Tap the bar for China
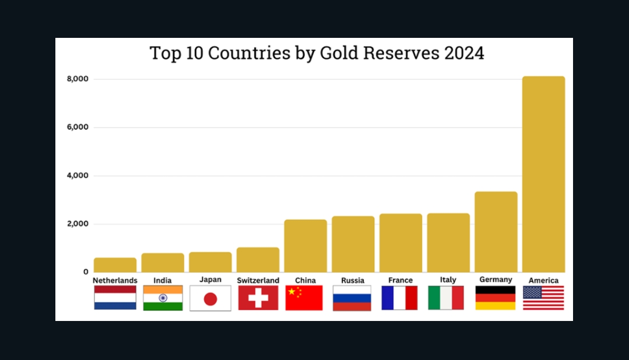305,245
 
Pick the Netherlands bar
115,264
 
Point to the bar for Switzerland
258,259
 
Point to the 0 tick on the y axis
85,272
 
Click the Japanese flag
210,298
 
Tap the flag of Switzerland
258,298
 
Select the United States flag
543,298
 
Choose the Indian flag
163,298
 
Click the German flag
496,298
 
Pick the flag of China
304,298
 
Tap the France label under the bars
400,280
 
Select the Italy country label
448,280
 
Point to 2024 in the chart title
464,53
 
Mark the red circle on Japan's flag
210,299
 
